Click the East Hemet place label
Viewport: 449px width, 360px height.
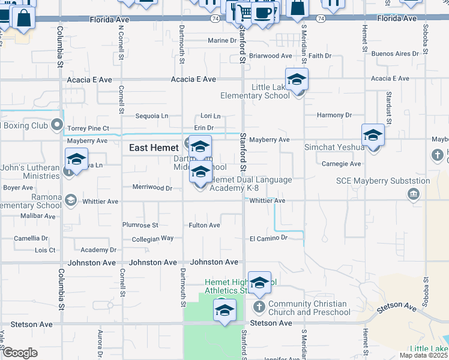(x=154, y=148)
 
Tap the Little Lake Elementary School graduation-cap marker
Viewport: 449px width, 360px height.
(x=297, y=79)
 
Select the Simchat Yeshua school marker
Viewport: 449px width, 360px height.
(x=373, y=136)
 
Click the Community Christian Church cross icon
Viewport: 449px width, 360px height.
(x=259, y=306)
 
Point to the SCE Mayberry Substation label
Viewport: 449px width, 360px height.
(x=382, y=181)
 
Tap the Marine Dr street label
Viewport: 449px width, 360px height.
(x=222, y=41)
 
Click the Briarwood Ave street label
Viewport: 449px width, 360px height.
(x=270, y=56)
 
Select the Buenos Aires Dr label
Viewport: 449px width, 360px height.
(x=394, y=54)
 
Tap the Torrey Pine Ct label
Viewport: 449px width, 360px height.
(x=88, y=128)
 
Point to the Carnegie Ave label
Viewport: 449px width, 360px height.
(x=341, y=164)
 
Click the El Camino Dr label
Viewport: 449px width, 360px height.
(x=269, y=238)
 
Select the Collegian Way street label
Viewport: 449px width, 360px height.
(x=152, y=239)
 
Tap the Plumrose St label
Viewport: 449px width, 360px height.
(x=140, y=226)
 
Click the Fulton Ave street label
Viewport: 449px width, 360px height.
(x=204, y=226)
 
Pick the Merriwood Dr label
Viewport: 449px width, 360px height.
(x=152, y=188)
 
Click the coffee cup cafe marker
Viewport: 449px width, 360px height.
(x=262, y=12)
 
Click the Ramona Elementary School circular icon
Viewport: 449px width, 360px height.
(x=71, y=200)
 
